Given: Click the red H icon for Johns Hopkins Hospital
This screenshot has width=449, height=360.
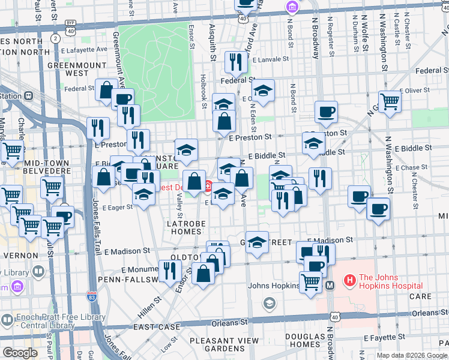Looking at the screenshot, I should click(x=350, y=280).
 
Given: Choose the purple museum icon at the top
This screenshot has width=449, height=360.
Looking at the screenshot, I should click(x=292, y=7).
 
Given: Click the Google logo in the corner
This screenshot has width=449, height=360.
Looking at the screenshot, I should click(x=20, y=353).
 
